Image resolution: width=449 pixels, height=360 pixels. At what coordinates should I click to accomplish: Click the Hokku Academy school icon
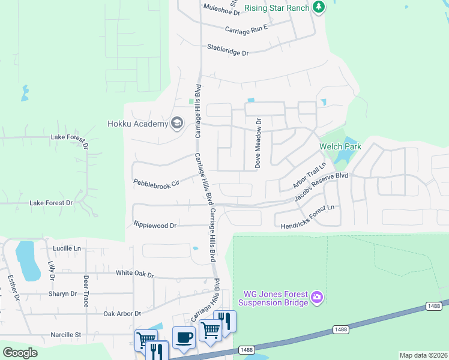click(x=177, y=124)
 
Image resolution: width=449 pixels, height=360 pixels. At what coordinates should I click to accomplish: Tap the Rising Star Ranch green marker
click(x=319, y=7)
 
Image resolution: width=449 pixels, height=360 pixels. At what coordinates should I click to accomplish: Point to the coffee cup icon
click(x=184, y=337)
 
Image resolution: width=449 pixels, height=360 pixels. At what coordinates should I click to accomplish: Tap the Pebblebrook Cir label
click(x=156, y=182)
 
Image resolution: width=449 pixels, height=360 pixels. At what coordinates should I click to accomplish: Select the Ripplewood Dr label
click(x=155, y=226)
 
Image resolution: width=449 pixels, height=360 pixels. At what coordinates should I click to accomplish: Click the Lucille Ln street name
click(x=66, y=248)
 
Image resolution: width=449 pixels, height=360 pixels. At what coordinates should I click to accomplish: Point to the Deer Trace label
click(x=86, y=291)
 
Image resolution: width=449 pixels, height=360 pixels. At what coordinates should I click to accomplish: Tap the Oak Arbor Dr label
click(x=122, y=313)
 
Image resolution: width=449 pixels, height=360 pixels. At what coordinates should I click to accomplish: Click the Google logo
click(x=20, y=353)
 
